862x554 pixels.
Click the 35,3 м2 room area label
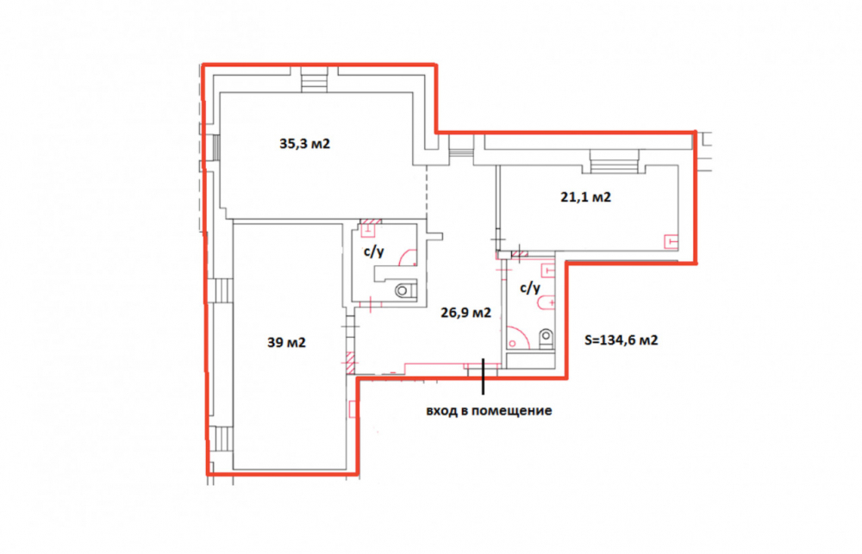[304, 144]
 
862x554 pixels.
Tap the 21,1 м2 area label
[585, 196]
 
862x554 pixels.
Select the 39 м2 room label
[286, 342]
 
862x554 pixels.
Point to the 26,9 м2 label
[466, 313]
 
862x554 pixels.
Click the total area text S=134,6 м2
[621, 340]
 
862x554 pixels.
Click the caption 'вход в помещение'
[489, 411]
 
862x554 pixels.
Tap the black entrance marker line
[484, 377]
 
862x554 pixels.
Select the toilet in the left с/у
[404, 289]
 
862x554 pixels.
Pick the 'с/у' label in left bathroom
[374, 252]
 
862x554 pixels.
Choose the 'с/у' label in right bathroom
[530, 288]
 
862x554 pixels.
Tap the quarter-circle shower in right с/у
[516, 339]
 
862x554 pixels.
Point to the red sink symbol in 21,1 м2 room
[671, 241]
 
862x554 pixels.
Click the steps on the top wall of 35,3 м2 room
[314, 79]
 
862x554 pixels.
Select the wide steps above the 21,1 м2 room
[614, 161]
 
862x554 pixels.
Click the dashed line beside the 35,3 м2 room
[428, 192]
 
